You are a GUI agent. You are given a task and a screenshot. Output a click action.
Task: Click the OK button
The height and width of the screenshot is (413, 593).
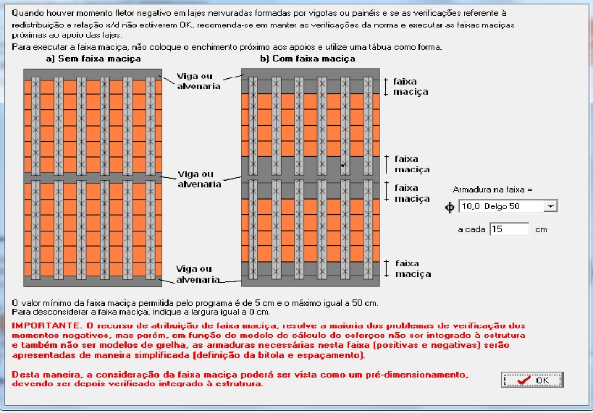coord(532,380)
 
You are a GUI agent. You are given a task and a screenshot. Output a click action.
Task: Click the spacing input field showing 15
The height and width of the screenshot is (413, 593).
coord(510,229)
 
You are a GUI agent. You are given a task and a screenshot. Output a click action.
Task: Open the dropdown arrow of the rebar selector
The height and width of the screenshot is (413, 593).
coord(551,206)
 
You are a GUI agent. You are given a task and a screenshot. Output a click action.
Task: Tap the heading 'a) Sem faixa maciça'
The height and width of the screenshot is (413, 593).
coord(93,59)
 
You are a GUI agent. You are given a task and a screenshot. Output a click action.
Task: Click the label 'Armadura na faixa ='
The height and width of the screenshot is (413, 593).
coord(492,190)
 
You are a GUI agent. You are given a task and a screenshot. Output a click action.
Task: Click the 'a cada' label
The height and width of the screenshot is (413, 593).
coord(471,230)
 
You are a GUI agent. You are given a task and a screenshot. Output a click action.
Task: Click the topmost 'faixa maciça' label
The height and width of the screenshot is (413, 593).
coord(411,87)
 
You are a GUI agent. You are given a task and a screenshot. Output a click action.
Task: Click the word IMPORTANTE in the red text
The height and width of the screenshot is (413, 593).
coord(43,326)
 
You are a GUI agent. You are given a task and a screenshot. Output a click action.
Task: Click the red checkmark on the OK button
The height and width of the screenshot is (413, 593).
coord(523,380)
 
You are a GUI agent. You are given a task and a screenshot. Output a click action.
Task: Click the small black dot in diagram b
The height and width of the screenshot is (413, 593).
coord(342,165)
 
